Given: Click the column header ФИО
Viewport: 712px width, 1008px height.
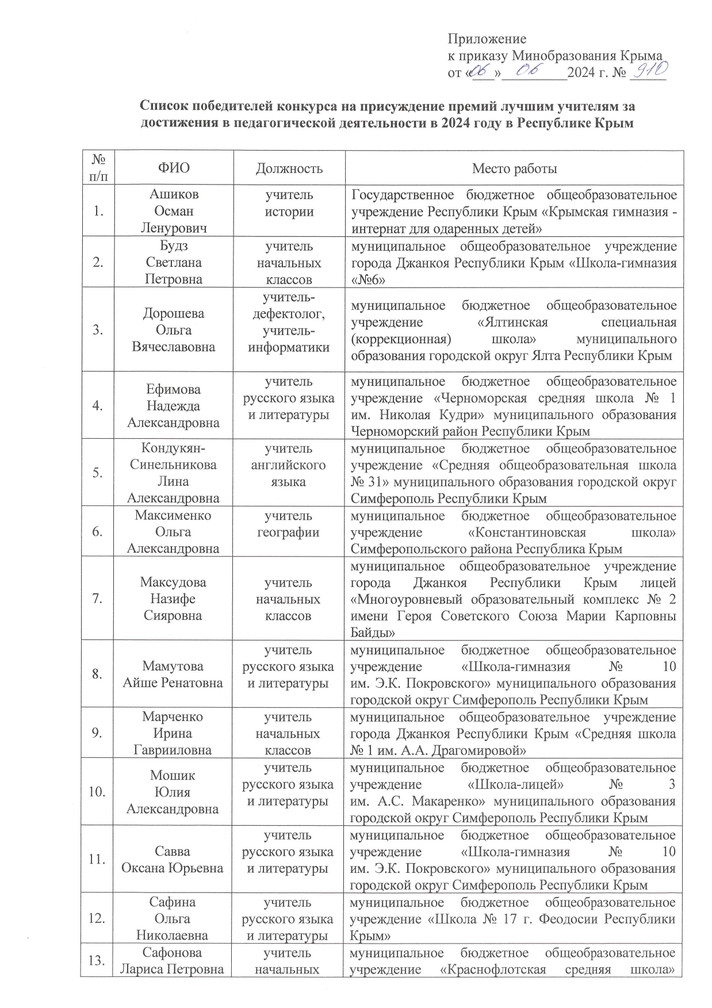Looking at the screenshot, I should [174, 168].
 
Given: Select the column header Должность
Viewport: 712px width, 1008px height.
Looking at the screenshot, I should [289, 168].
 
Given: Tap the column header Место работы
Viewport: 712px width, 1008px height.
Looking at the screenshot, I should [514, 168].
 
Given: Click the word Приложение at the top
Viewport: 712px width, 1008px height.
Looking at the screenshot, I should [487, 40].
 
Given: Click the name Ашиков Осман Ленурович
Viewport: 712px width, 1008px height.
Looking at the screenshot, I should [174, 211].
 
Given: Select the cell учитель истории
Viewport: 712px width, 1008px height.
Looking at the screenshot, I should [289, 204].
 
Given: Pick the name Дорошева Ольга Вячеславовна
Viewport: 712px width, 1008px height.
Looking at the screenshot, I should [174, 330].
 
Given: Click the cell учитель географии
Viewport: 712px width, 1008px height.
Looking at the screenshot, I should [289, 524].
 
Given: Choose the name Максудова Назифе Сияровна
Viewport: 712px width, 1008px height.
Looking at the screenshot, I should [174, 599].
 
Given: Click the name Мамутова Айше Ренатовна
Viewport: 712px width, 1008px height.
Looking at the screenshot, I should [174, 675].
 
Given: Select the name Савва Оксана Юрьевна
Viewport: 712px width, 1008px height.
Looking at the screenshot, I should [174, 860].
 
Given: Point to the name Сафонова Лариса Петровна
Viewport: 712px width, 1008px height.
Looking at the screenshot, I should [174, 961].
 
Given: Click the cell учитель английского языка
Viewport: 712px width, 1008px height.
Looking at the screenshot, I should [289, 465].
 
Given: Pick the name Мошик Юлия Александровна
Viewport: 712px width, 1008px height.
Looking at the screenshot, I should [174, 792].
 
